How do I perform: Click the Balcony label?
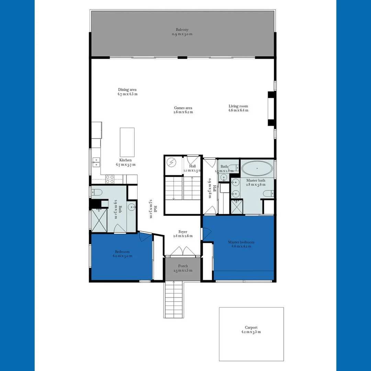(x=182, y=30)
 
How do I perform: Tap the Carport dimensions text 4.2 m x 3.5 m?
(x=251, y=332)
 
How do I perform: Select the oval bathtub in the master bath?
(x=257, y=169)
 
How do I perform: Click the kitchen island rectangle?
(x=127, y=142)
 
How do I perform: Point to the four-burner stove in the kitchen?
(x=110, y=179)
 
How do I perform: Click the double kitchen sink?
(x=97, y=162)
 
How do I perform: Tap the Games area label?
(x=183, y=108)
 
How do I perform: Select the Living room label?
(x=238, y=106)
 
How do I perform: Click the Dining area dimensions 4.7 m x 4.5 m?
(x=127, y=94)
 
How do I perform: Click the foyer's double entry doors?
(x=182, y=251)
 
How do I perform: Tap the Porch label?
(x=183, y=266)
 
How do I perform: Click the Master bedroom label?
(x=241, y=242)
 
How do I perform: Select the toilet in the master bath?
(x=268, y=194)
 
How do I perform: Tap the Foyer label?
(x=183, y=232)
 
